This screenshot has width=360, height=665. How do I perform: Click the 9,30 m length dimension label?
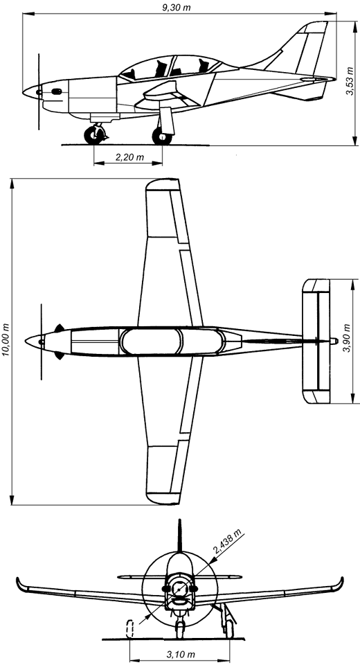click(x=177, y=7)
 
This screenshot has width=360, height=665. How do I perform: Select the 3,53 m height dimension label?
click(x=350, y=81)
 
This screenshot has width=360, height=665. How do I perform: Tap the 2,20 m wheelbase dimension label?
click(x=129, y=158)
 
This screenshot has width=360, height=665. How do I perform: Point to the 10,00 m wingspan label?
click(x=6, y=341)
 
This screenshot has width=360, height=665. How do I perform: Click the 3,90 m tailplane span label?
click(x=348, y=338)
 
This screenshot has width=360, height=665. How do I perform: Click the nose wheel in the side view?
click(x=93, y=135)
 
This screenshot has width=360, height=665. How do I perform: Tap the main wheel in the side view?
click(x=162, y=136)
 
